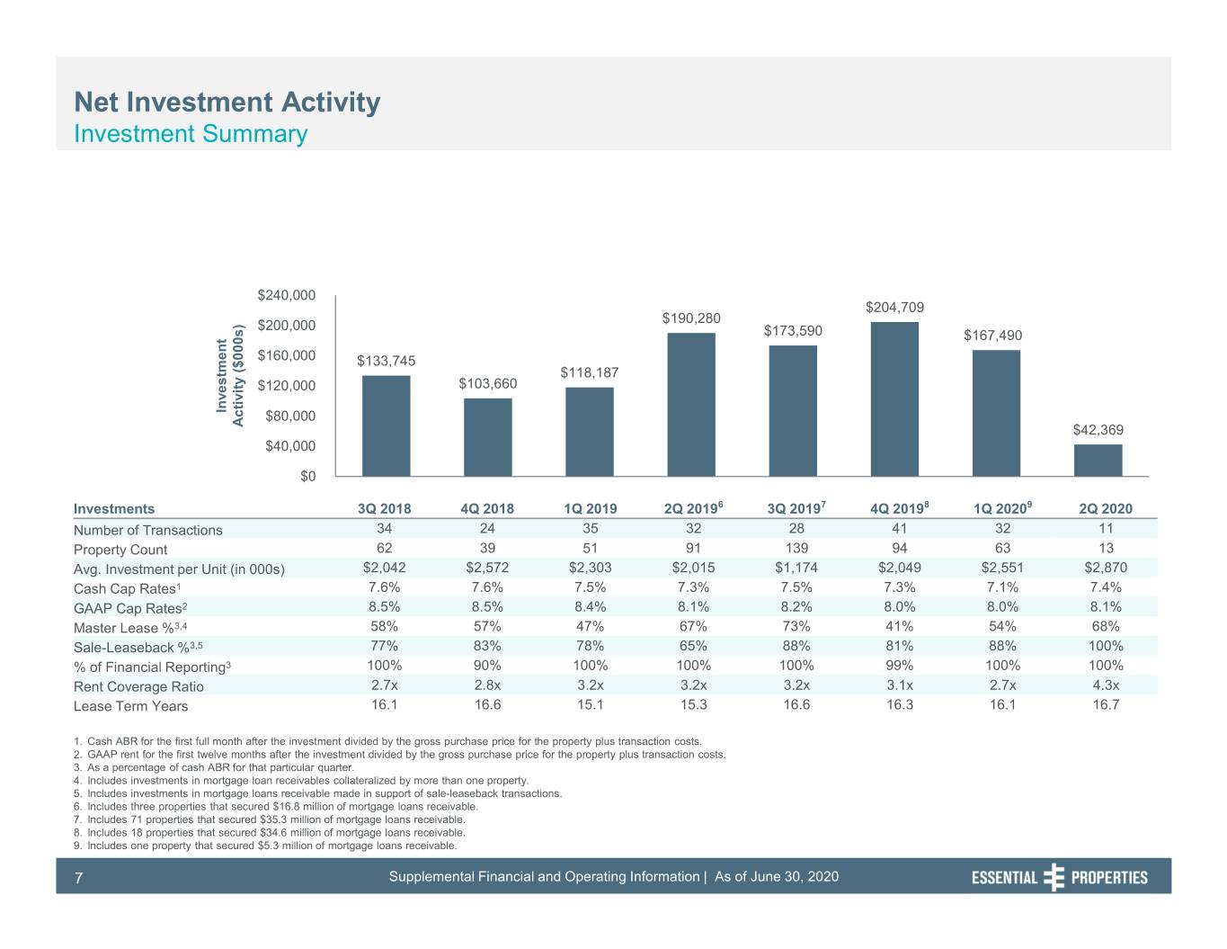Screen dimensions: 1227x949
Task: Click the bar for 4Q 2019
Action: (x=894, y=398)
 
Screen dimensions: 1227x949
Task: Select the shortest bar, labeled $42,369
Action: (x=1098, y=461)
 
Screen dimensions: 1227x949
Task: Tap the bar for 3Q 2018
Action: (x=387, y=425)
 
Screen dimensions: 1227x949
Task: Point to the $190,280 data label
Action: (x=691, y=318)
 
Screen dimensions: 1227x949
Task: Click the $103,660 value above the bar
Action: (x=488, y=383)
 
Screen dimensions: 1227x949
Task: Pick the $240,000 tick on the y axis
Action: (x=286, y=295)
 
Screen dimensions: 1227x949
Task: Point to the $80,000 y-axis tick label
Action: (x=290, y=416)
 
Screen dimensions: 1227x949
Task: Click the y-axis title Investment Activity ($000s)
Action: (x=230, y=376)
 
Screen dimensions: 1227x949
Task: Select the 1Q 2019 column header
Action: (x=590, y=508)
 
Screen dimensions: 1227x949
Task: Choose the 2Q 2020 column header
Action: (x=1106, y=508)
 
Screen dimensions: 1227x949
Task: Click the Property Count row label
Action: (x=120, y=550)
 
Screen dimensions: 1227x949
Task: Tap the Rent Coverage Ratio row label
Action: (x=138, y=686)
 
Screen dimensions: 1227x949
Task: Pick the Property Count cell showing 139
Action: (x=796, y=548)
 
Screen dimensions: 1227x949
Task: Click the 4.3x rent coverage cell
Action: (x=1106, y=685)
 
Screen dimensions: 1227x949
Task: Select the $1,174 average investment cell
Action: (x=796, y=567)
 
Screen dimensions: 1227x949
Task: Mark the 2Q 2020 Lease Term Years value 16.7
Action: (x=1106, y=704)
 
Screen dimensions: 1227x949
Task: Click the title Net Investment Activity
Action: (x=227, y=103)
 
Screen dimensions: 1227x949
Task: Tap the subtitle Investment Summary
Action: (x=191, y=134)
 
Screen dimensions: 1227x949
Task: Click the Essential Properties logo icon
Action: (x=1054, y=877)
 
